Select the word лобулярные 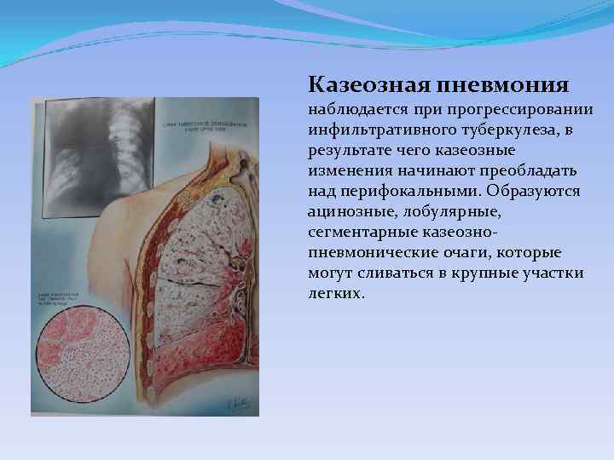pyautogui.click(x=446, y=212)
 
